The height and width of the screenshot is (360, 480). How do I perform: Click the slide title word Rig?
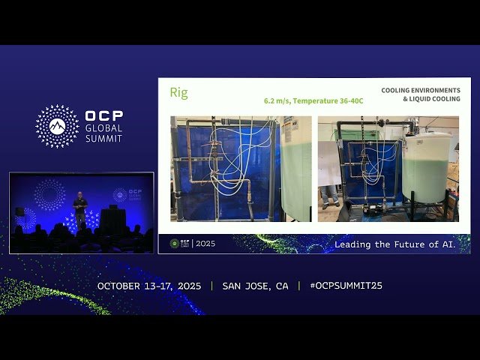pos(178,93)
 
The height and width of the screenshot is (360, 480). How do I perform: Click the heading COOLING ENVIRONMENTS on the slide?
pos(421,91)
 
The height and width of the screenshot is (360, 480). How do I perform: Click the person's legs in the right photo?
pos(329,196)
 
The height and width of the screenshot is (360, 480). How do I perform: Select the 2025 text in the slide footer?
pos(205,244)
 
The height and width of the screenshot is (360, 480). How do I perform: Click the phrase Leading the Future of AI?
pos(394,244)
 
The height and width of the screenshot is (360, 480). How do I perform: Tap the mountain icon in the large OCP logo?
pos(57,126)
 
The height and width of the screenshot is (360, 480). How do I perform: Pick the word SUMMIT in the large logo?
pos(103,138)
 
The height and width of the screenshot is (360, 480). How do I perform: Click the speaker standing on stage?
pos(80,209)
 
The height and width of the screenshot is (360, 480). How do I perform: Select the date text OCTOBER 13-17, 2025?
pos(150,286)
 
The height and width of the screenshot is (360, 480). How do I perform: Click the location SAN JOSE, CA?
pos(255,286)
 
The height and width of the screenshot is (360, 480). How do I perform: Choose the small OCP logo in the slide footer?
pos(175,244)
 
